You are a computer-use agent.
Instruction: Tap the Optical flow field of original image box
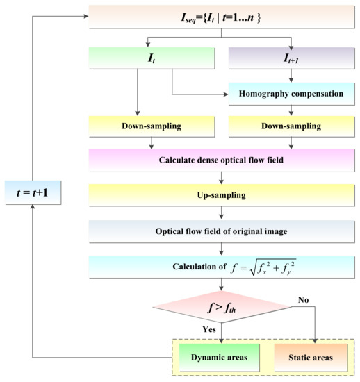[x=220, y=232]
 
